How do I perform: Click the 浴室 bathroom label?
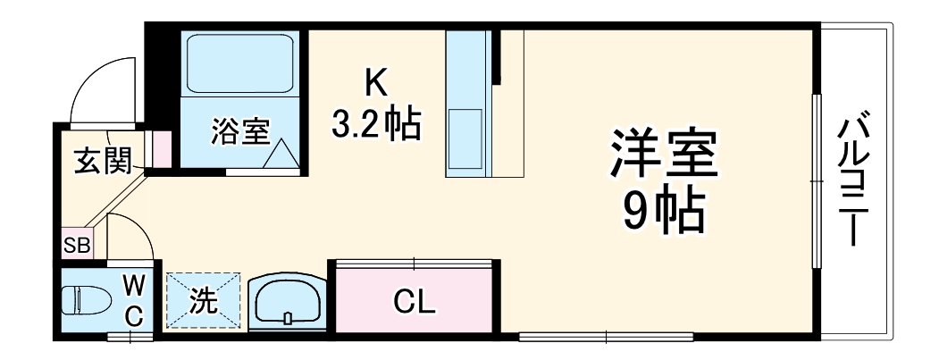tap(239, 132)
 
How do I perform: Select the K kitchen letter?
tap(375, 84)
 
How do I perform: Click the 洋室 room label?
tap(663, 155)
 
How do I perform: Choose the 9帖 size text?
tap(663, 211)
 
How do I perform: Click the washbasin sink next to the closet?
tap(287, 301)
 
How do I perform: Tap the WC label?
tap(133, 300)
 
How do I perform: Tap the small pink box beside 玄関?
tap(162, 149)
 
